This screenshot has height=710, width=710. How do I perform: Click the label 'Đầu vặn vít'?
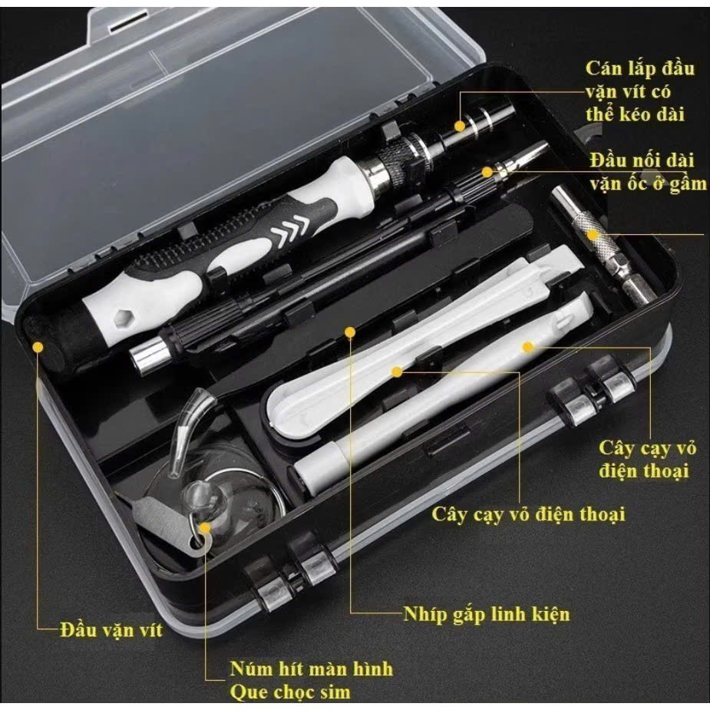[111, 630]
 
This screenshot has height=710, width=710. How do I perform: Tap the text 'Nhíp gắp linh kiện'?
[487, 615]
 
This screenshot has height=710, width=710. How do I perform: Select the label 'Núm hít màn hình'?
[312, 669]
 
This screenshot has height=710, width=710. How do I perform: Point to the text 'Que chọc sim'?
[290, 692]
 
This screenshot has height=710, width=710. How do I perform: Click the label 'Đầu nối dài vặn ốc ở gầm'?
[648, 172]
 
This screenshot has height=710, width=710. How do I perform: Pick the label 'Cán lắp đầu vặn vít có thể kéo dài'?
[639, 91]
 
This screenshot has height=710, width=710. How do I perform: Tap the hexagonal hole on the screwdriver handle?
[122, 319]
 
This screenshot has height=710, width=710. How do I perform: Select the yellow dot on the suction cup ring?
[205, 528]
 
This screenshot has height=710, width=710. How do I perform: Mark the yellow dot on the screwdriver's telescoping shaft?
[460, 127]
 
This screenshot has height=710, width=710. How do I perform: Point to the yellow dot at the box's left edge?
[38, 347]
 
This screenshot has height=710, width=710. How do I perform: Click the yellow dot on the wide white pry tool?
[397, 372]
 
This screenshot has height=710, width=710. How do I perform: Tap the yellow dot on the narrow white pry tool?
[527, 347]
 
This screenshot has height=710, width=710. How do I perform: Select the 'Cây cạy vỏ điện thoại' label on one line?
[528, 515]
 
